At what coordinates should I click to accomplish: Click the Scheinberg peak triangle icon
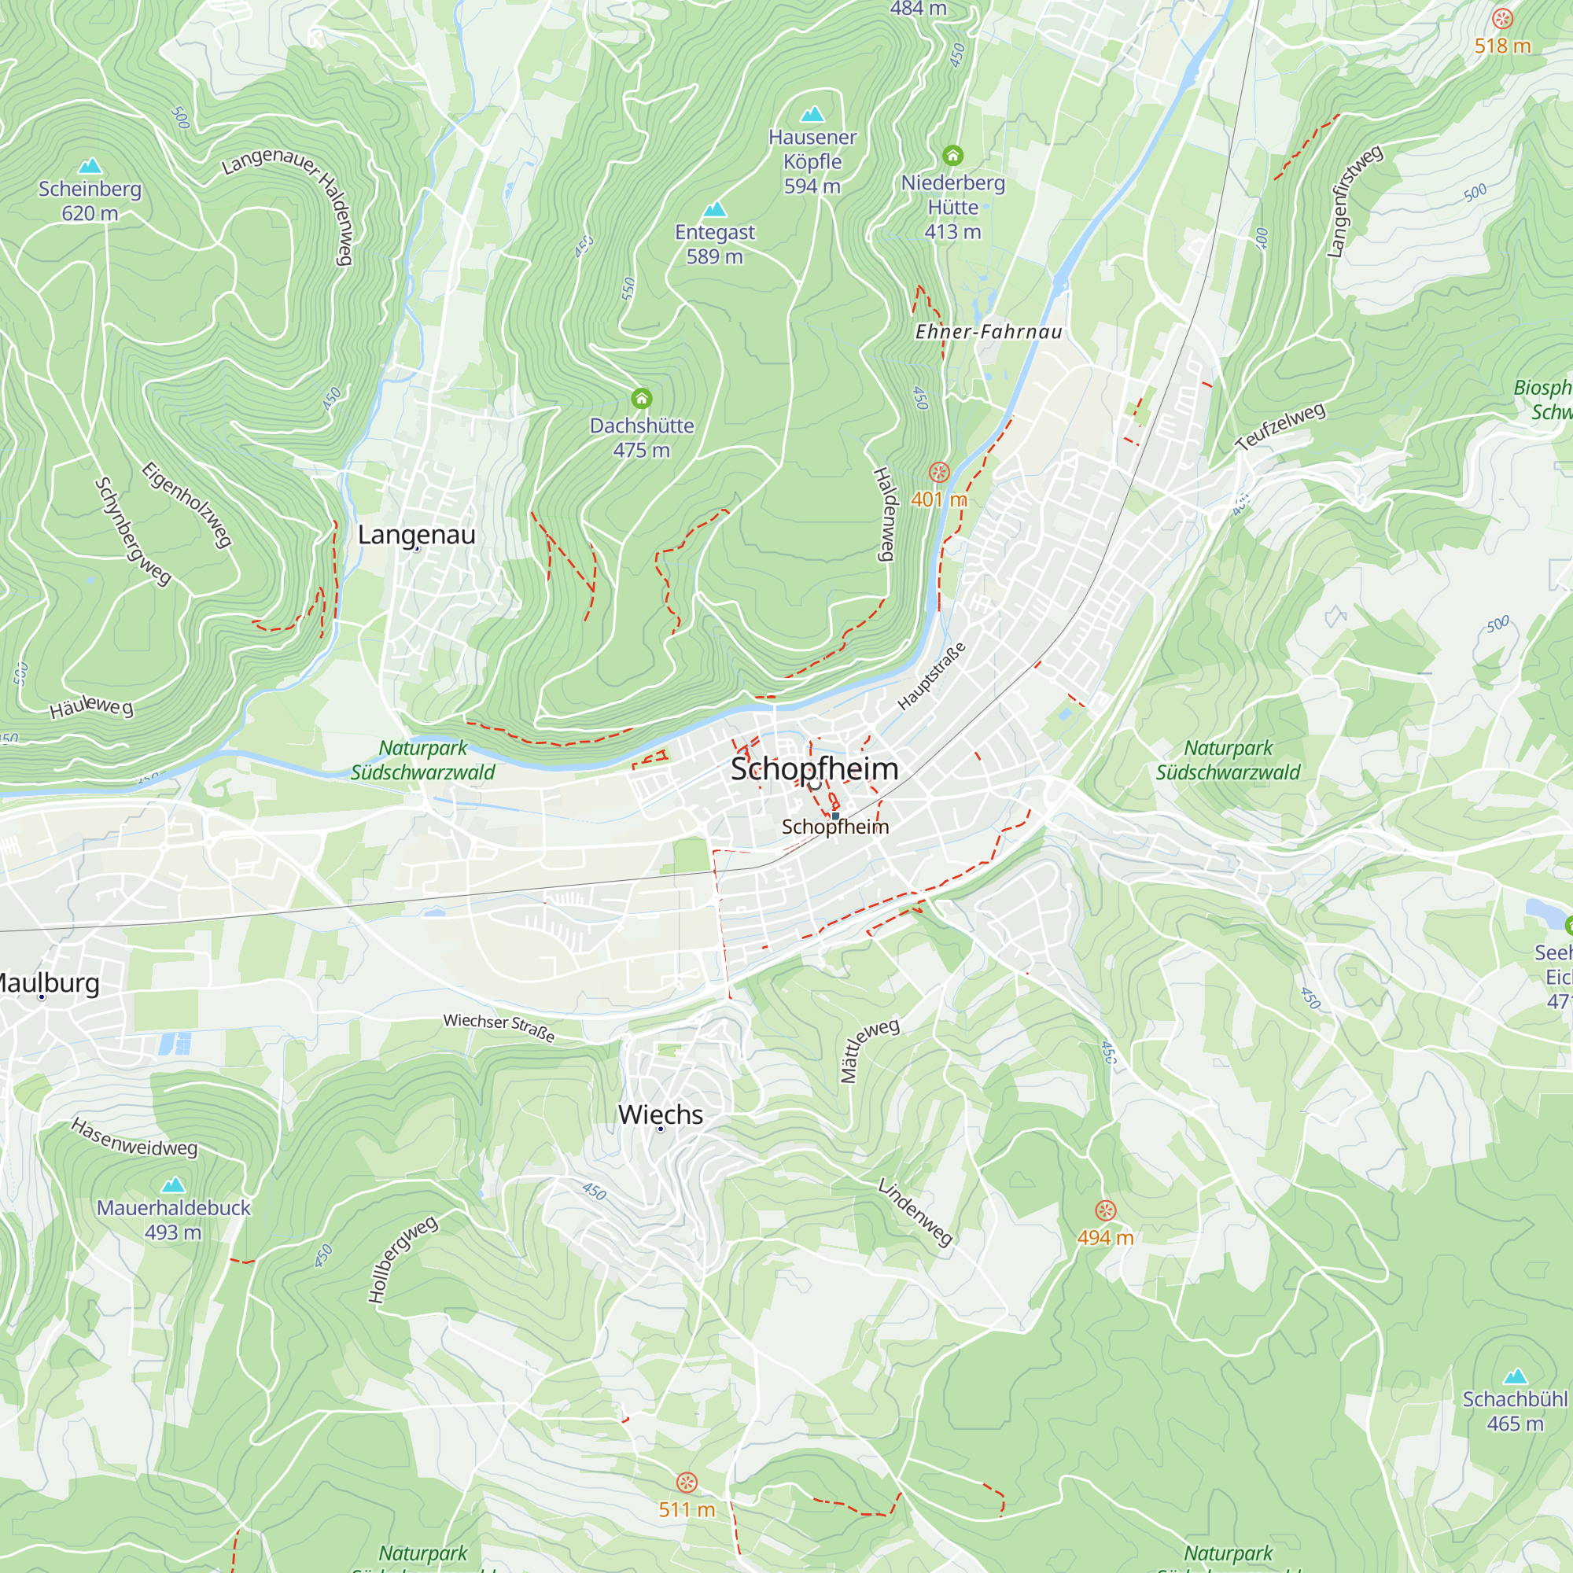(90, 166)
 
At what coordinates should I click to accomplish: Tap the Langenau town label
(416, 535)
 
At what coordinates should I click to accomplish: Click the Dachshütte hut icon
(642, 398)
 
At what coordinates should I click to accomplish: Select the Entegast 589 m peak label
(714, 244)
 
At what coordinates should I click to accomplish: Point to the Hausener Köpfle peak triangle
(812, 114)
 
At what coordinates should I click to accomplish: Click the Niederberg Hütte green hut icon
(952, 155)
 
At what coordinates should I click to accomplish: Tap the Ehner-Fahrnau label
(989, 331)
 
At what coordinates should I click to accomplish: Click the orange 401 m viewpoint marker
(939, 472)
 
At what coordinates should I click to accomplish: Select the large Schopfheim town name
(813, 768)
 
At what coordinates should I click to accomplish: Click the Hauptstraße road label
(931, 676)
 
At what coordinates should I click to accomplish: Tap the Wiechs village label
(661, 1114)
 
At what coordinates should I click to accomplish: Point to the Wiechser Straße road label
(499, 1026)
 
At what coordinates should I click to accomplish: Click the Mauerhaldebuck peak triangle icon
(172, 1184)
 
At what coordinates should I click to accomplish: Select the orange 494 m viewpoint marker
(1105, 1210)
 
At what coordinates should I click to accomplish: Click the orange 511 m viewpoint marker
(687, 1482)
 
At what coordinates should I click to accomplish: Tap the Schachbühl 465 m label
(1514, 1411)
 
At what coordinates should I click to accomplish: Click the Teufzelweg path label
(1280, 426)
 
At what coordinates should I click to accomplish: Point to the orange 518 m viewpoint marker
(1502, 18)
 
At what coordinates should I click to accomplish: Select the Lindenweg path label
(915, 1211)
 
